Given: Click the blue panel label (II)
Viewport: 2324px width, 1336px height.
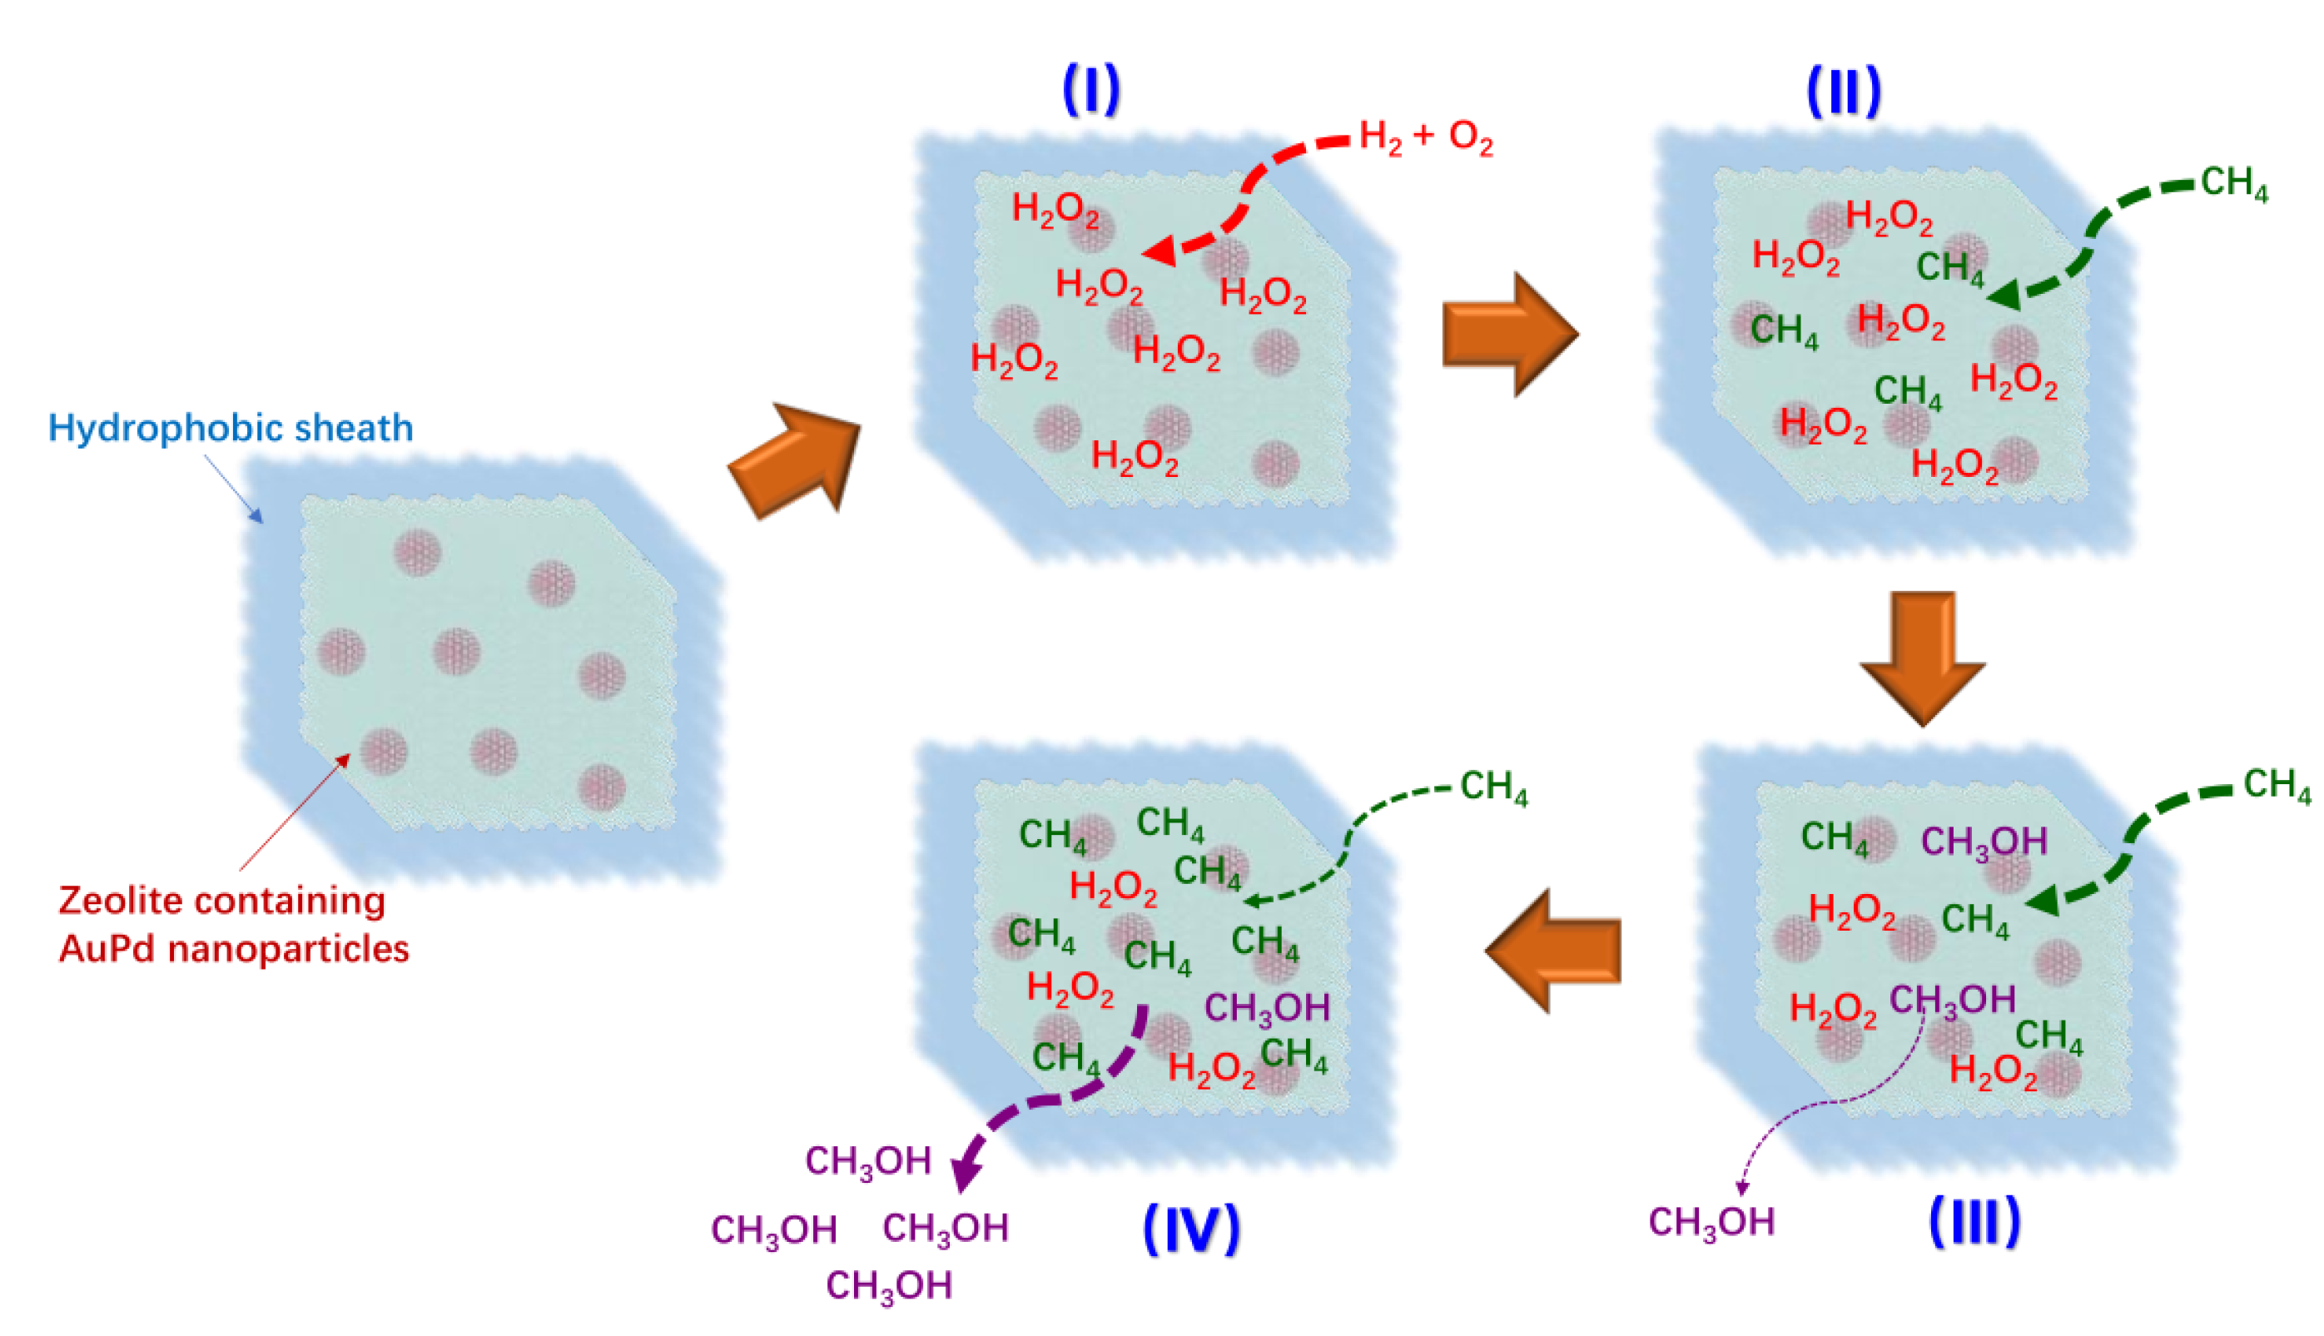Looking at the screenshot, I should pyautogui.click(x=1843, y=92).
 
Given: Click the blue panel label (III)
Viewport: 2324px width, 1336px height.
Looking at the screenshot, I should pyautogui.click(x=1974, y=1220).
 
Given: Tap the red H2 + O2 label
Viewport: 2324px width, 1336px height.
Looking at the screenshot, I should pyautogui.click(x=1425, y=137).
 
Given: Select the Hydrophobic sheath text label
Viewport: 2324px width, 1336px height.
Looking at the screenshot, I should pyautogui.click(x=231, y=429).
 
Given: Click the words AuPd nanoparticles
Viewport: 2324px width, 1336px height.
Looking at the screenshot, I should pyautogui.click(x=234, y=949).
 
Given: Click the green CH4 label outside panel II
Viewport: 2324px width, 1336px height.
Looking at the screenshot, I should pyautogui.click(x=2234, y=183).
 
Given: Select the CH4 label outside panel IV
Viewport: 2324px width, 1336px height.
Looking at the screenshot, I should pyautogui.click(x=1493, y=788).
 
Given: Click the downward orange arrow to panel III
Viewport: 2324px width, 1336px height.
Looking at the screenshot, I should pyautogui.click(x=1922, y=658).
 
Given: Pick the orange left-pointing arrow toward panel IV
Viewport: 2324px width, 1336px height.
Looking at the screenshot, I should pyautogui.click(x=1553, y=951).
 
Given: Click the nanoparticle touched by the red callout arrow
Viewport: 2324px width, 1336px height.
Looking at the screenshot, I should pyautogui.click(x=384, y=751).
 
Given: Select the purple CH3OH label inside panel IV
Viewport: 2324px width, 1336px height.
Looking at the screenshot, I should pyautogui.click(x=1266, y=1008).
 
